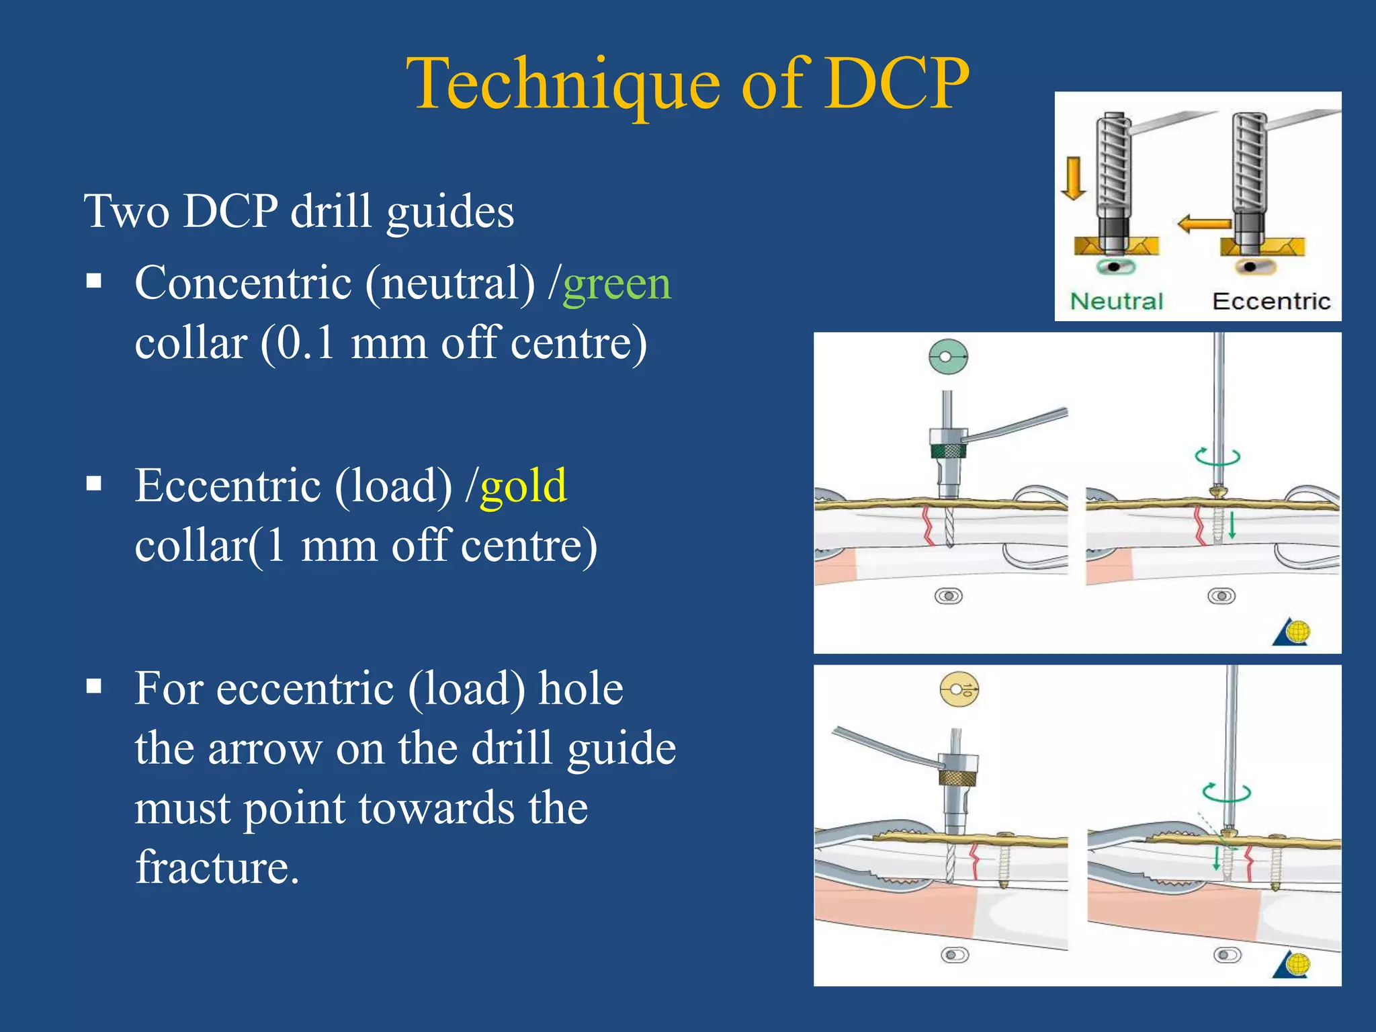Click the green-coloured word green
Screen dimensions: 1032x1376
(616, 284)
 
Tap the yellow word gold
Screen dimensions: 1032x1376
(523, 486)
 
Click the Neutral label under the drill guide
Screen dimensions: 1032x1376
(1116, 301)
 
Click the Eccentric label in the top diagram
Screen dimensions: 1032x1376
(1271, 301)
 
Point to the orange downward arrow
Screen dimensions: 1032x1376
(1073, 178)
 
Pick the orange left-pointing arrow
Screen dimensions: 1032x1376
(1203, 224)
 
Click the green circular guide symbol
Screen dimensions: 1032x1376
(947, 356)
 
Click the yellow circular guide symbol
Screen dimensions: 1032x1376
(959, 689)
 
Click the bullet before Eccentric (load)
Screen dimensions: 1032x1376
(94, 484)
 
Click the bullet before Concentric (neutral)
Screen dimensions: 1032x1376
(94, 281)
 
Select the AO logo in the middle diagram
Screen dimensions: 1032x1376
(1292, 632)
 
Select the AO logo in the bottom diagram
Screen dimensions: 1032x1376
(1292, 965)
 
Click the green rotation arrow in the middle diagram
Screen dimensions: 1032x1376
(1217, 456)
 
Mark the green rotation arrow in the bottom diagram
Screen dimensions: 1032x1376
(1226, 793)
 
